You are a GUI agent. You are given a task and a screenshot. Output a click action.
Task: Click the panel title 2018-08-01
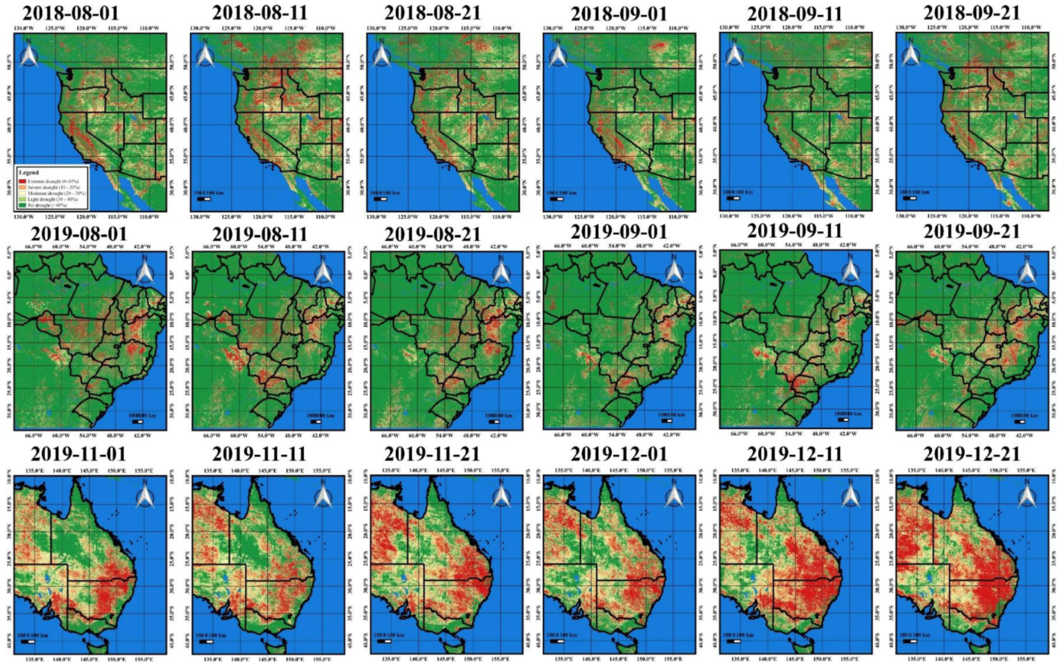click(71, 13)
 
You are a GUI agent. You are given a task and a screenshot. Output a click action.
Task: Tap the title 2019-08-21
click(433, 234)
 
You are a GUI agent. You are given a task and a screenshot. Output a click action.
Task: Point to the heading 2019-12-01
click(619, 454)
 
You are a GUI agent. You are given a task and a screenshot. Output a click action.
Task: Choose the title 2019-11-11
click(259, 454)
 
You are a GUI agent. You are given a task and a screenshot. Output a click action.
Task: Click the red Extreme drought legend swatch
click(22, 181)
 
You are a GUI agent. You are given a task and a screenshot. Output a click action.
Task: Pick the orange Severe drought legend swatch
click(22, 187)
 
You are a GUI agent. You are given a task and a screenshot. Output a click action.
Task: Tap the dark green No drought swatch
click(22, 205)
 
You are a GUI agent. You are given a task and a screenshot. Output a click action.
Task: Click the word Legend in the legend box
click(29, 173)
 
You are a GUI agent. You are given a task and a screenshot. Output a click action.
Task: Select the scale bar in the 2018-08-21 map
click(380, 199)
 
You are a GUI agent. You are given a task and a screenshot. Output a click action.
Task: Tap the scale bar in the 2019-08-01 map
click(138, 422)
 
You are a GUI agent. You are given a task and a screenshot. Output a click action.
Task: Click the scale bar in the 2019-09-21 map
click(1019, 422)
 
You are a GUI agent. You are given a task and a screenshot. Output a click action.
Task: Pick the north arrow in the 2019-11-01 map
click(145, 494)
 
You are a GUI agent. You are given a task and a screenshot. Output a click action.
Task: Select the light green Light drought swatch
click(22, 199)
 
